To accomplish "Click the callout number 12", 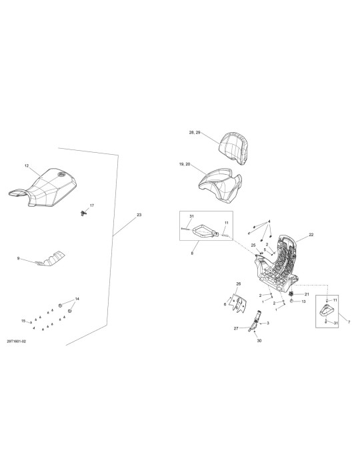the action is click(x=27, y=166).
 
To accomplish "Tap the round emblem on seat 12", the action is click(x=61, y=174).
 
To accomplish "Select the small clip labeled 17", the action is click(x=83, y=213).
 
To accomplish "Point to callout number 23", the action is click(x=139, y=215).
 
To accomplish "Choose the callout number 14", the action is click(x=77, y=299).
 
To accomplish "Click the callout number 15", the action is click(x=23, y=321).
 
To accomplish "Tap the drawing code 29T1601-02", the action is click(x=17, y=342).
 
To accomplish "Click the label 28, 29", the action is click(x=195, y=133).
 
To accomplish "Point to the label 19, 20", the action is click(x=185, y=164).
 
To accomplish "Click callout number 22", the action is click(x=311, y=235).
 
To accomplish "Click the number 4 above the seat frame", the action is click(x=269, y=221).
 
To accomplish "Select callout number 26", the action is click(x=238, y=284).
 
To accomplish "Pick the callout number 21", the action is click(x=307, y=294).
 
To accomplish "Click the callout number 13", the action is click(x=303, y=302).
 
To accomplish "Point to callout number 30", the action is click(x=259, y=341).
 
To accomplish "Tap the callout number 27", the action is click(x=236, y=328).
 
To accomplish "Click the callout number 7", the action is click(x=349, y=322).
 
